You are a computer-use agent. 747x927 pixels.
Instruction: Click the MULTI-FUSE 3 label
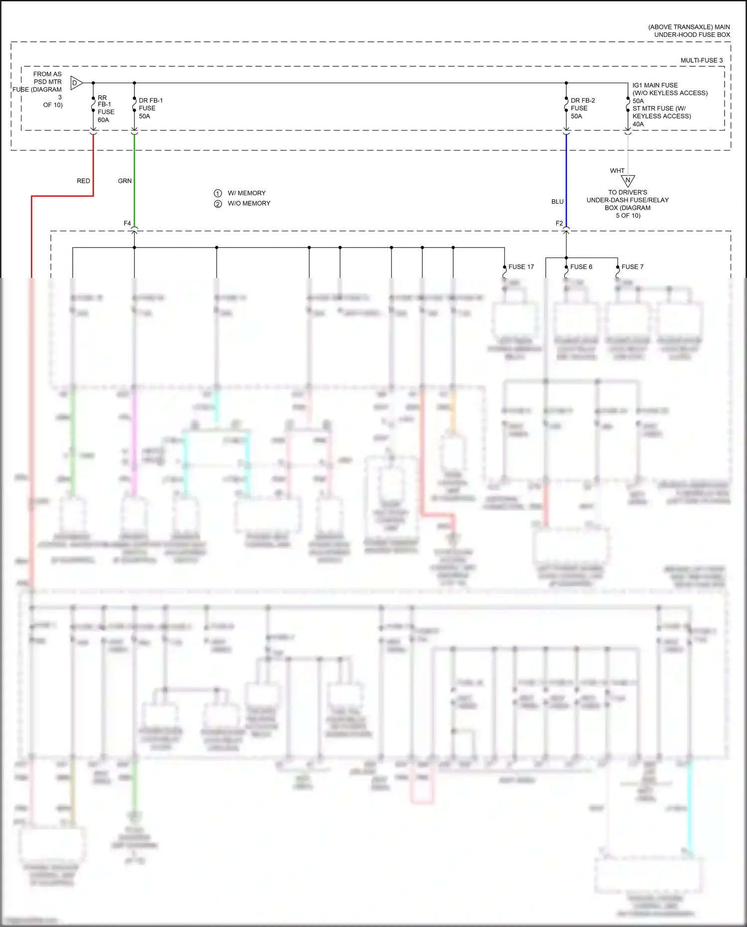click(x=701, y=60)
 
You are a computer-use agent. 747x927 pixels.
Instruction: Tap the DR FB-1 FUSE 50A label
click(x=150, y=108)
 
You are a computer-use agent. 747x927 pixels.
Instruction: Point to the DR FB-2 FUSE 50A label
click(x=582, y=108)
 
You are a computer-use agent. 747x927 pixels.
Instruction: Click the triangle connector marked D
click(x=76, y=83)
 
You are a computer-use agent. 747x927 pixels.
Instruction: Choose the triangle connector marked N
click(x=627, y=180)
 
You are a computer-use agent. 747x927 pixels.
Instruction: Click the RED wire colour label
click(x=83, y=181)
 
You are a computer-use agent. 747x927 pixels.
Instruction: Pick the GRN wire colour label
click(x=124, y=181)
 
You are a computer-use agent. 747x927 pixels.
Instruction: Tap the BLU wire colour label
click(x=557, y=202)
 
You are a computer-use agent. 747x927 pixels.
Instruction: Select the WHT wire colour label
click(x=617, y=170)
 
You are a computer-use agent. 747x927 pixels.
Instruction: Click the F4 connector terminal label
click(x=127, y=223)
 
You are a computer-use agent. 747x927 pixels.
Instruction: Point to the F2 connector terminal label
click(x=559, y=223)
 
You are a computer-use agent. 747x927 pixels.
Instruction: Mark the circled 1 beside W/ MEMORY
click(x=218, y=193)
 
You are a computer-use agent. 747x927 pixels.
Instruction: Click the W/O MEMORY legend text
click(x=249, y=203)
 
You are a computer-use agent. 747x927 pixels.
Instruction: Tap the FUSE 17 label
click(x=521, y=267)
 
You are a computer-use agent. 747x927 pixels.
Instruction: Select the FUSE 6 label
click(x=581, y=267)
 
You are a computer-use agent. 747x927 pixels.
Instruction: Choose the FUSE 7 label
click(x=632, y=267)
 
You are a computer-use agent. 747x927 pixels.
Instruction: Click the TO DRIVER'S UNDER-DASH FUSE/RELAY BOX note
click(x=627, y=204)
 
